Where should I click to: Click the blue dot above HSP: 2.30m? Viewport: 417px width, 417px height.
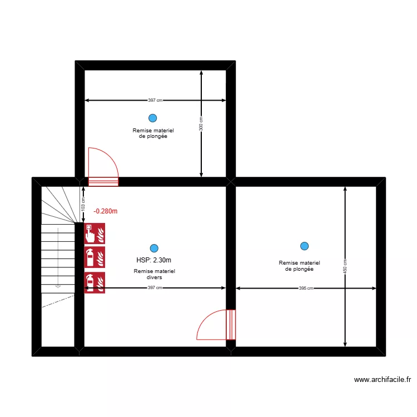point(154,248)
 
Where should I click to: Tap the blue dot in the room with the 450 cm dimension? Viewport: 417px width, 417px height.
point(304,246)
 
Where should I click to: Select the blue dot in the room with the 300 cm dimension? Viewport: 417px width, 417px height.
point(152,118)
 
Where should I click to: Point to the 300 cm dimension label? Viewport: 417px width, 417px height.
point(201,123)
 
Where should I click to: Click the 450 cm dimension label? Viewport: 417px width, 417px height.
point(345,267)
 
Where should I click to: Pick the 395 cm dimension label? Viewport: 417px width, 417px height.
point(306,288)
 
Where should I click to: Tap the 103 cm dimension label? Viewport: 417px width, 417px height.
point(83,204)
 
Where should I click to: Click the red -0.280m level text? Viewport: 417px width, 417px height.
point(106,211)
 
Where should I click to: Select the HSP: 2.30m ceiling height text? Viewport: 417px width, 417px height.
point(153,260)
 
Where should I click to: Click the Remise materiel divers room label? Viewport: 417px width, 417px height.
point(154,274)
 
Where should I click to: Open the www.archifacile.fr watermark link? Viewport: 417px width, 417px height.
point(382,380)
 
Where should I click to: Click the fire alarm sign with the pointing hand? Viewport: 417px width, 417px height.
point(95,234)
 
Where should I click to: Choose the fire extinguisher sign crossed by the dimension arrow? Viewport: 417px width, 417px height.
point(95,283)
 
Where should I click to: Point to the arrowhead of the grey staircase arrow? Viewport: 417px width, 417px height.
point(58,286)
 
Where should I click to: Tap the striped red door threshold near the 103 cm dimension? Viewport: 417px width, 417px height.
point(103,181)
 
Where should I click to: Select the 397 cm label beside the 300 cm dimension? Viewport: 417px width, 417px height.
point(156,101)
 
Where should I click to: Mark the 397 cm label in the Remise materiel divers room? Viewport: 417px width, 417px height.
point(155,288)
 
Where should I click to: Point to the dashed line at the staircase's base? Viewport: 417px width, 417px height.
point(58,301)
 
